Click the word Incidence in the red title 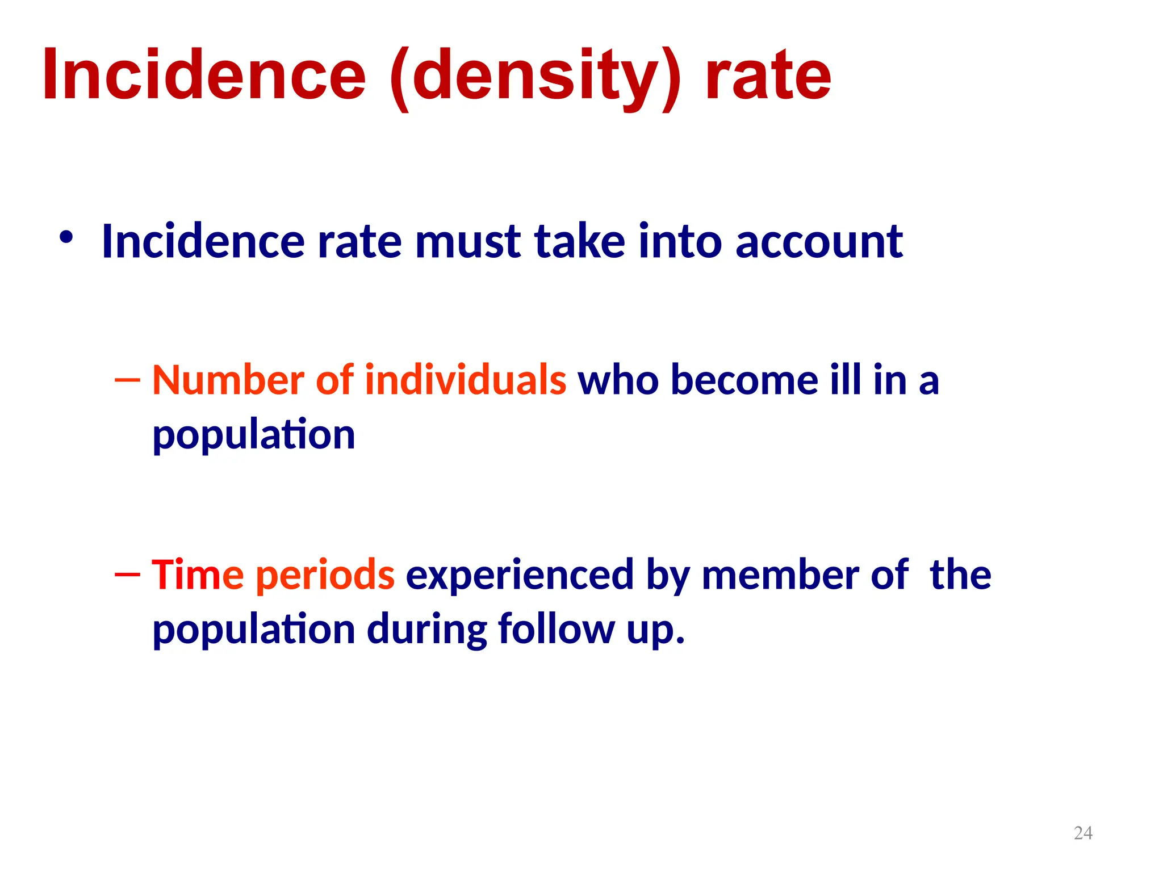(204, 75)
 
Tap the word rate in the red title (768, 75)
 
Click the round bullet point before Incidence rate (66, 238)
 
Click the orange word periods (325, 576)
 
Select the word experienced (520, 576)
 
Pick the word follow (557, 629)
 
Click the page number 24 (1083, 833)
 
